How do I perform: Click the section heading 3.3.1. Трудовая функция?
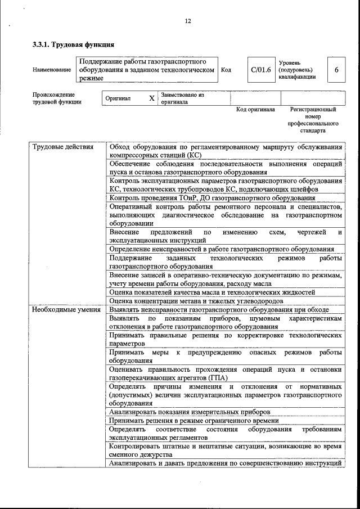click(73, 44)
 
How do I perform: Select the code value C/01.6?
click(261, 70)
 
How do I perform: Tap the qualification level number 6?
click(336, 70)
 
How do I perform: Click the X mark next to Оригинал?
click(151, 98)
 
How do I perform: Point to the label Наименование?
click(52, 70)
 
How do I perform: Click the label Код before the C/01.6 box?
click(226, 70)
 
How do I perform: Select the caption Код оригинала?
click(255, 110)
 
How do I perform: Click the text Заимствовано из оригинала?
click(182, 98)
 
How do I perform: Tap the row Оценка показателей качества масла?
click(212, 292)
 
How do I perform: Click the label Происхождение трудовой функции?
click(57, 98)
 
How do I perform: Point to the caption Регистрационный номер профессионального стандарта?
click(313, 120)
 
